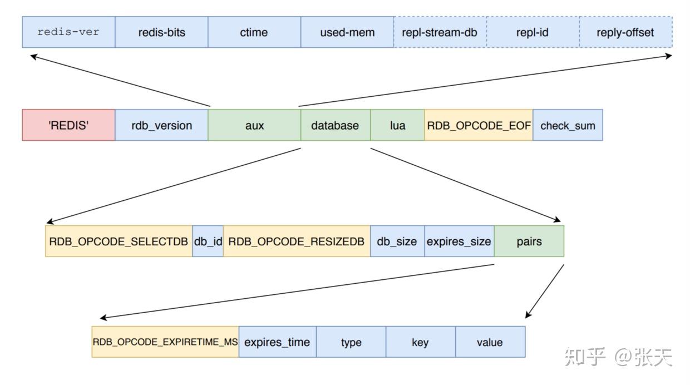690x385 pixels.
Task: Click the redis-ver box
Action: pyautogui.click(x=68, y=32)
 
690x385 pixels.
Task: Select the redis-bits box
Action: pyautogui.click(x=161, y=32)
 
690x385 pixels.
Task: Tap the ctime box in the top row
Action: pyautogui.click(x=254, y=32)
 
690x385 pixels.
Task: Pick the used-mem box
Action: pyautogui.click(x=347, y=32)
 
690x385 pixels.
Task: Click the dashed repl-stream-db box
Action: pyautogui.click(x=440, y=32)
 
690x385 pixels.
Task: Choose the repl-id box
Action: pyautogui.click(x=533, y=32)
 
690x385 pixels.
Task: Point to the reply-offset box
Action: pyautogui.click(x=625, y=32)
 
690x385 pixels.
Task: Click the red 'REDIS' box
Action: pyautogui.click(x=68, y=125)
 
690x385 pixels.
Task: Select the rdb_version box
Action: pyautogui.click(x=161, y=125)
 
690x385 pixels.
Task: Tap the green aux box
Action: pyautogui.click(x=254, y=125)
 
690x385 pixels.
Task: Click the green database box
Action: pyautogui.click(x=335, y=125)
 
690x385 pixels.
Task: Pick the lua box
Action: pyautogui.click(x=397, y=125)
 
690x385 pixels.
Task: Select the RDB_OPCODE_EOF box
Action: pyautogui.click(x=479, y=125)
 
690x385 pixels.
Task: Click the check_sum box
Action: pyautogui.click(x=568, y=125)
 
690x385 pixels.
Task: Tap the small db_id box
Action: pyautogui.click(x=208, y=241)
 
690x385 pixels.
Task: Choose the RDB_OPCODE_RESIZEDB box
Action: pyautogui.click(x=297, y=241)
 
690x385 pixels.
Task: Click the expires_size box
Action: pyautogui.click(x=459, y=241)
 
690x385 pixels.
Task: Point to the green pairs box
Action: pyautogui.click(x=529, y=241)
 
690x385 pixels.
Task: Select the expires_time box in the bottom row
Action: pyautogui.click(x=277, y=342)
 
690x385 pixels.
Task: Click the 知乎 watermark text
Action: pyautogui.click(x=584, y=357)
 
